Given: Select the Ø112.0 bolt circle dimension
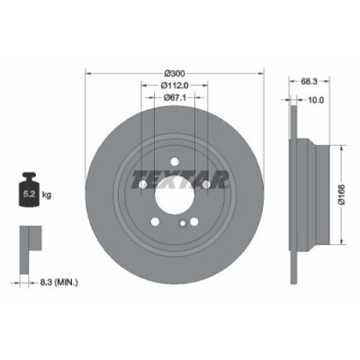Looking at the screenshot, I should [175, 86].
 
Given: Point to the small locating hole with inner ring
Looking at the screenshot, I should [184, 224].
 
